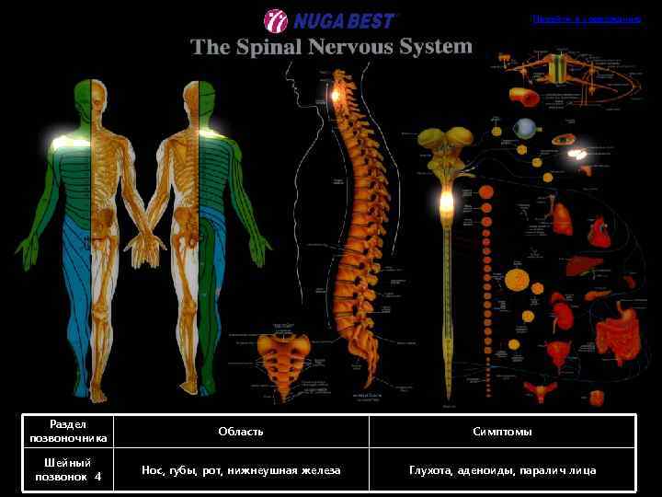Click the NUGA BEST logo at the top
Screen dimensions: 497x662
click(330, 19)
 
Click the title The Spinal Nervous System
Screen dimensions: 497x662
click(331, 46)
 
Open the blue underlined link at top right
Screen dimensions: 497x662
click(586, 19)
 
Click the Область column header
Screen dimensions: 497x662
click(241, 432)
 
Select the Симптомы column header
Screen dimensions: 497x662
click(502, 432)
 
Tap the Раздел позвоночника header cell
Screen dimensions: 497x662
click(68, 432)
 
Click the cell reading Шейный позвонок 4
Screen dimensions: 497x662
click(68, 470)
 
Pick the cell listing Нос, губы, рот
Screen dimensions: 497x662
click(241, 470)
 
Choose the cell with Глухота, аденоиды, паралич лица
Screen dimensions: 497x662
click(502, 470)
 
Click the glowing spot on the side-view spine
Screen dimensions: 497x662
click(337, 93)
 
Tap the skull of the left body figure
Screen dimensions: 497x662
click(91, 93)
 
